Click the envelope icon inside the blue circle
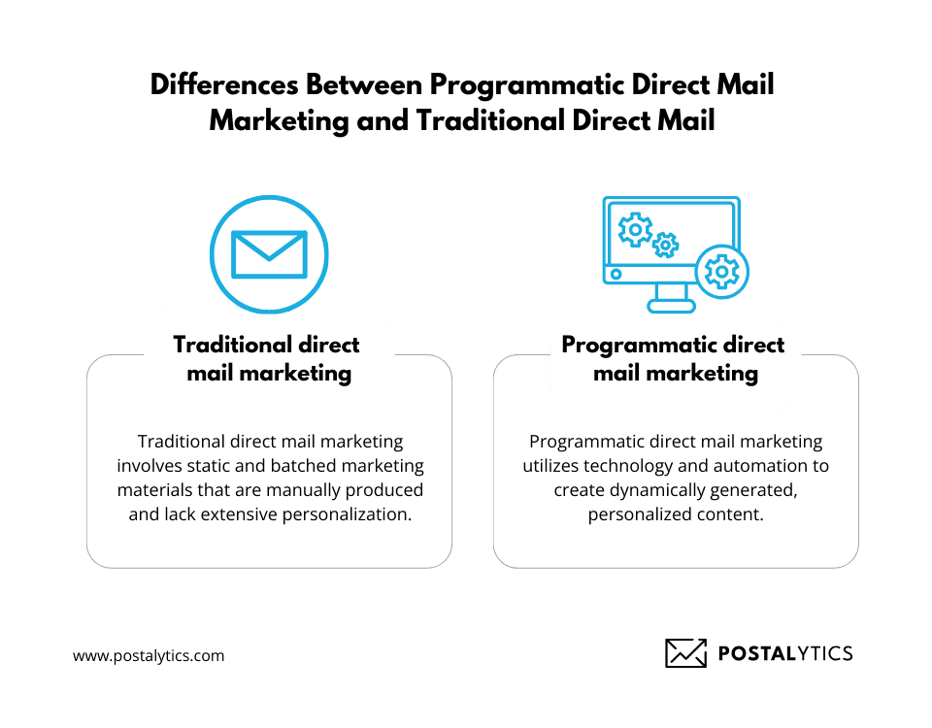pos(269,253)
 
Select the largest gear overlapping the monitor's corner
pos(722,271)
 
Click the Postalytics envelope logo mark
pos(685,653)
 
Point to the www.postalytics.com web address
pos(149,655)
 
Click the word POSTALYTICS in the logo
pos(784,653)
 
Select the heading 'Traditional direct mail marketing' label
pos(267,358)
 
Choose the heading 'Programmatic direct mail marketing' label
pos(675,358)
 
